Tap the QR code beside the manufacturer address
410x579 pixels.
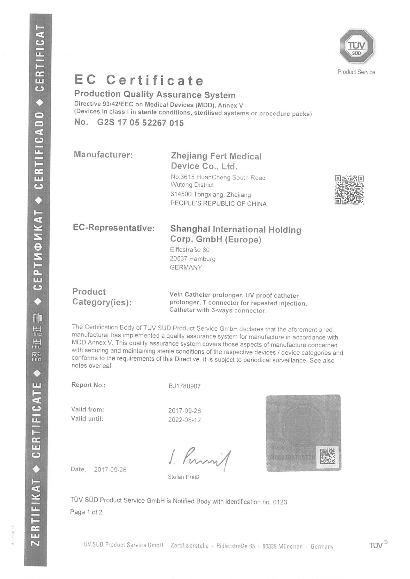coord(349,190)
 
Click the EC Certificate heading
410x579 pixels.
coord(139,80)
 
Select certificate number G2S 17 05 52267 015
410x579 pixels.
coord(140,123)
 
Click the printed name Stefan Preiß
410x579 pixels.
coord(183,477)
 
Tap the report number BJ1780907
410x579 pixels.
coord(184,386)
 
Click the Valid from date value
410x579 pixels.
coord(184,411)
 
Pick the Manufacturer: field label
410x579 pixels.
coord(103,155)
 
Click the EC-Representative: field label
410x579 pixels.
coord(114,228)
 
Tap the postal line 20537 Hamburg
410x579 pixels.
coord(192,258)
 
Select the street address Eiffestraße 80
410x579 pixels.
coord(190,250)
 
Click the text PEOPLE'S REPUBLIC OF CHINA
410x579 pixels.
coord(218,204)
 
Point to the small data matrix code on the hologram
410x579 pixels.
coord(327,456)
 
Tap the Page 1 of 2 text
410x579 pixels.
coord(86,512)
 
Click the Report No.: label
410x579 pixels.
coord(88,385)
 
